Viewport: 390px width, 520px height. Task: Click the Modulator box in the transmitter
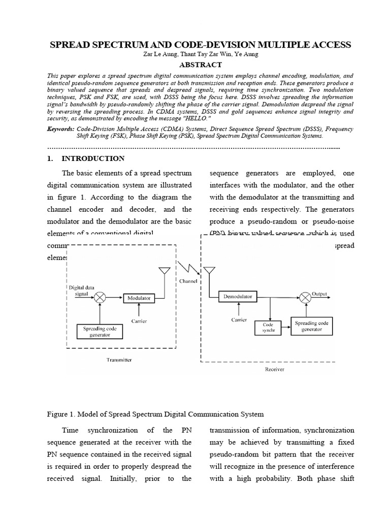tap(139, 298)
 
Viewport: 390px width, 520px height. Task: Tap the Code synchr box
tap(268, 327)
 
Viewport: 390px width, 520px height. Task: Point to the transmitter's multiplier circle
tap(101, 298)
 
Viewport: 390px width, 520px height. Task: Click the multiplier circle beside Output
tap(305, 297)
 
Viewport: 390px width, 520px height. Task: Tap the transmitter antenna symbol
tap(164, 271)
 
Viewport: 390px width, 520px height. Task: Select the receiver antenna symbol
tap(208, 271)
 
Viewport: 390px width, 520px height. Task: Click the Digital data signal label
tap(81, 290)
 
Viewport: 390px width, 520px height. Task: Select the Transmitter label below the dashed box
tap(119, 360)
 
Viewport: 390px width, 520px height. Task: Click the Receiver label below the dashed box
tap(275, 369)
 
